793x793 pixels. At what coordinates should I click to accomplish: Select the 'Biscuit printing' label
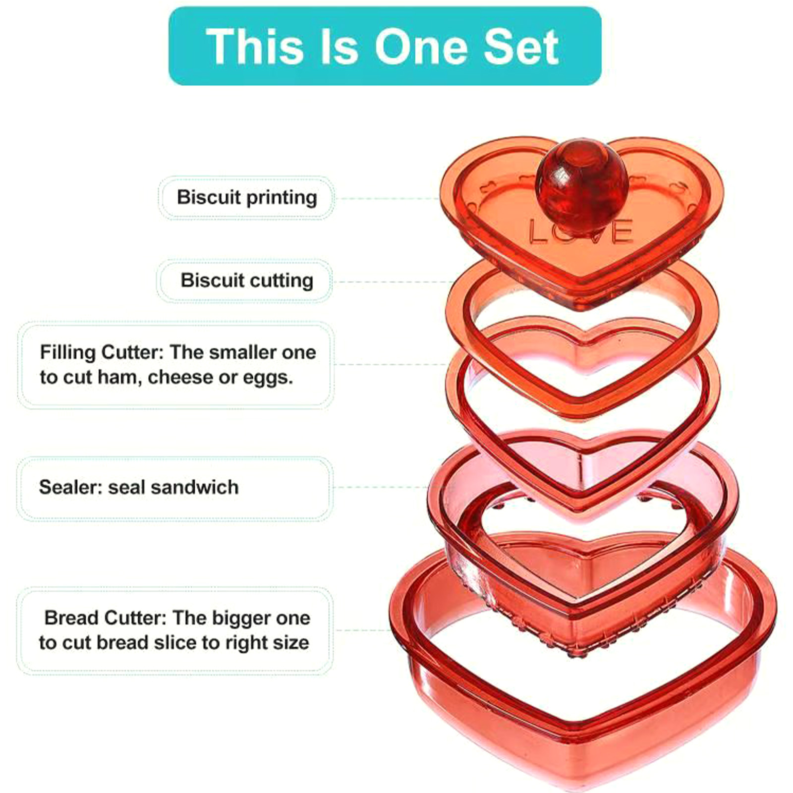[247, 197]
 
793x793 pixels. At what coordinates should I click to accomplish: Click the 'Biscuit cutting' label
[247, 281]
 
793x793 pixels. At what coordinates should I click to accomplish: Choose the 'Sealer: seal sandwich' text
[139, 487]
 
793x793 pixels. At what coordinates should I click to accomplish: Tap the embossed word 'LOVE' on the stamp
[580, 231]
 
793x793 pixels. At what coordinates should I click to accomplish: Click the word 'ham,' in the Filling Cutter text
[120, 378]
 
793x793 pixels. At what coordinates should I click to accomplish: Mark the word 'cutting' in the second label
[281, 281]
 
